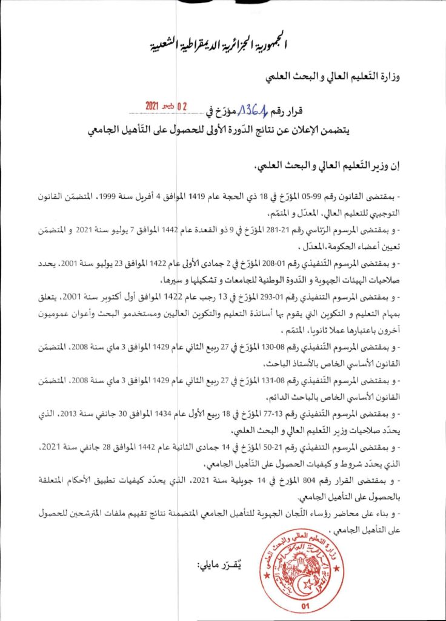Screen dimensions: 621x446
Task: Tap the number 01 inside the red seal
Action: tap(304, 605)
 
